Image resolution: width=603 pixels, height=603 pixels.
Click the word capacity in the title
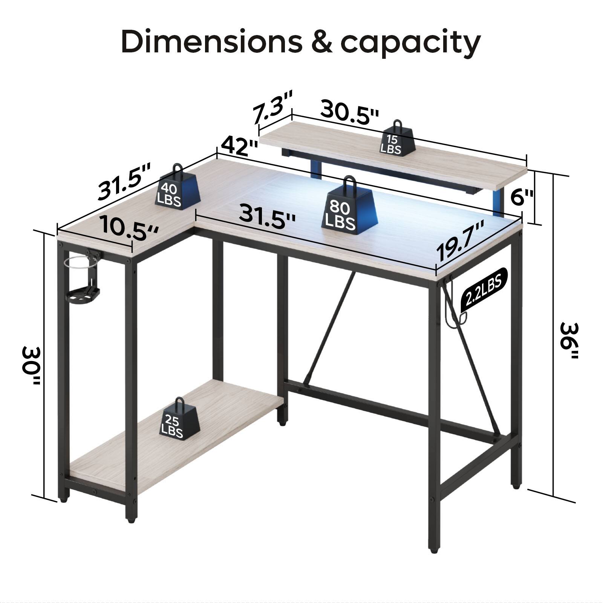pos(410,43)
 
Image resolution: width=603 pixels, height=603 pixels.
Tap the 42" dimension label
pos(239,147)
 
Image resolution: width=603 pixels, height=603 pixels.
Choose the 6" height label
pos(522,197)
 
